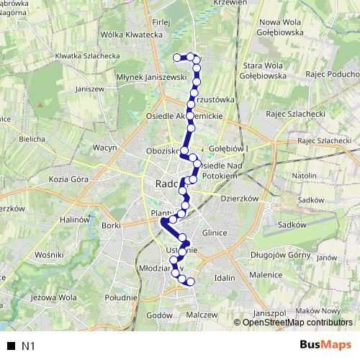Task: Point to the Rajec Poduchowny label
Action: pyautogui.click(x=332, y=74)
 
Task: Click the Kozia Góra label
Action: pyautogui.click(x=68, y=179)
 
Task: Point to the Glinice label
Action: pyautogui.click(x=215, y=233)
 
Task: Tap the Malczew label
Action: pyautogui.click(x=202, y=315)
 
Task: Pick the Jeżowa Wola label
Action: pyautogui.click(x=54, y=297)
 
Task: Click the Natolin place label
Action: pyautogui.click(x=305, y=175)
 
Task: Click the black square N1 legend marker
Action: pyautogui.click(x=11, y=346)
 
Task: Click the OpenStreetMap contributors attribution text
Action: pyautogui.click(x=296, y=322)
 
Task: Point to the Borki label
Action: pyautogui.click(x=111, y=225)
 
